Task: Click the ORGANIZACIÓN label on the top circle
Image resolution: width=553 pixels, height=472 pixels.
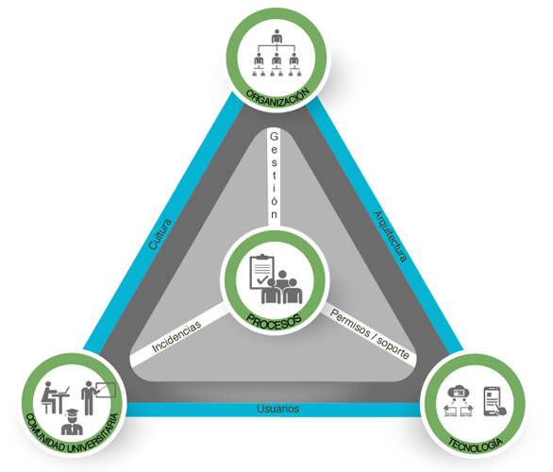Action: pyautogui.click(x=277, y=98)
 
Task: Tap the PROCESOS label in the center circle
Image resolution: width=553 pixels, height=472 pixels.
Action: pyautogui.click(x=275, y=322)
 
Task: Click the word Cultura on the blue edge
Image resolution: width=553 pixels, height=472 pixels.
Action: pyautogui.click(x=159, y=234)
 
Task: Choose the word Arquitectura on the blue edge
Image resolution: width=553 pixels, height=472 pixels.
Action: pyautogui.click(x=391, y=236)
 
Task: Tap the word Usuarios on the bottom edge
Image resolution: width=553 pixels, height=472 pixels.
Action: pyautogui.click(x=277, y=409)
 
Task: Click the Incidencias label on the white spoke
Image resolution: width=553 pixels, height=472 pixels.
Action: pyautogui.click(x=176, y=337)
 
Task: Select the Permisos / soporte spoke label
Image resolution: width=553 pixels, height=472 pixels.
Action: pyautogui.click(x=370, y=334)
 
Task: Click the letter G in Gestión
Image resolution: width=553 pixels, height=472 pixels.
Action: pyautogui.click(x=274, y=136)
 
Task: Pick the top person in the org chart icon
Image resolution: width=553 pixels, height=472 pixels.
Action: pyautogui.click(x=276, y=36)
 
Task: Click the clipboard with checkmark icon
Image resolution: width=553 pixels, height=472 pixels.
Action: pyautogui.click(x=261, y=272)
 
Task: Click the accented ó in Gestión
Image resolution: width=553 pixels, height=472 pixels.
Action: pyautogui.click(x=274, y=200)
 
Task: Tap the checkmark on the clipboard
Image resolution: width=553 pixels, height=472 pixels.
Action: pyautogui.click(x=262, y=280)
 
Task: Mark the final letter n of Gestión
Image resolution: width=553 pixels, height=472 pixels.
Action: pyautogui.click(x=274, y=214)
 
